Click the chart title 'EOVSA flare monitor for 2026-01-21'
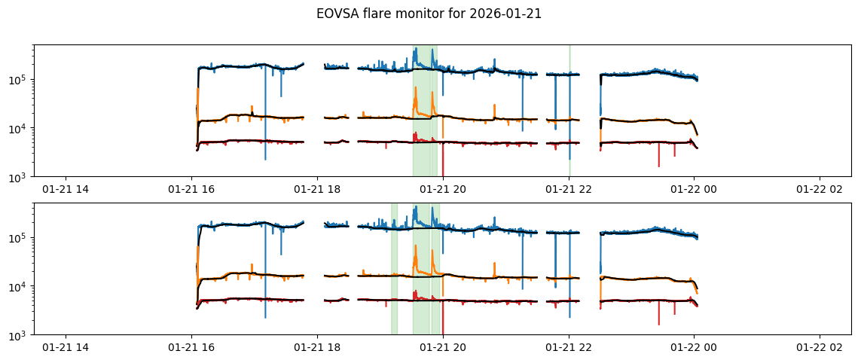[x=429, y=14]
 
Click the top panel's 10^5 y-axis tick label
[x=18, y=80]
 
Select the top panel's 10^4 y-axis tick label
[x=18, y=129]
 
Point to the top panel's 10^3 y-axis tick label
[x=18, y=177]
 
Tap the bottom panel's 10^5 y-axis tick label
[x=18, y=238]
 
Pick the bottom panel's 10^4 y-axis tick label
[x=18, y=287]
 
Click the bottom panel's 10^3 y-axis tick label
[x=18, y=335]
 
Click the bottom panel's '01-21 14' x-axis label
[x=66, y=348]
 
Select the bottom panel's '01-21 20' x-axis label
[x=443, y=348]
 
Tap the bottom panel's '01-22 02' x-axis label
[x=820, y=348]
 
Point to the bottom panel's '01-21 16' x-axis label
[x=191, y=348]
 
